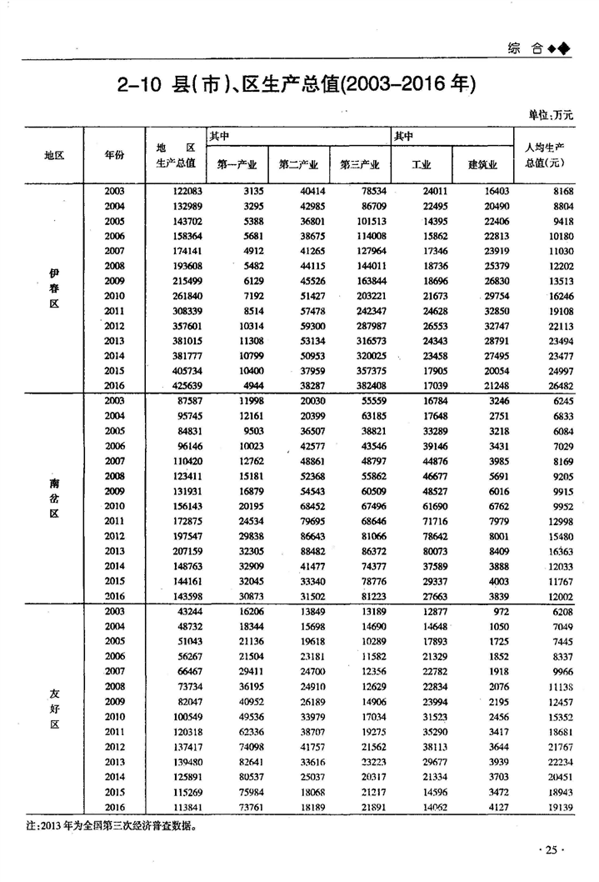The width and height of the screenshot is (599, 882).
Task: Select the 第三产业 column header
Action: point(360,164)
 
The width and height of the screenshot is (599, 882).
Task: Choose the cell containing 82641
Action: point(246,762)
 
